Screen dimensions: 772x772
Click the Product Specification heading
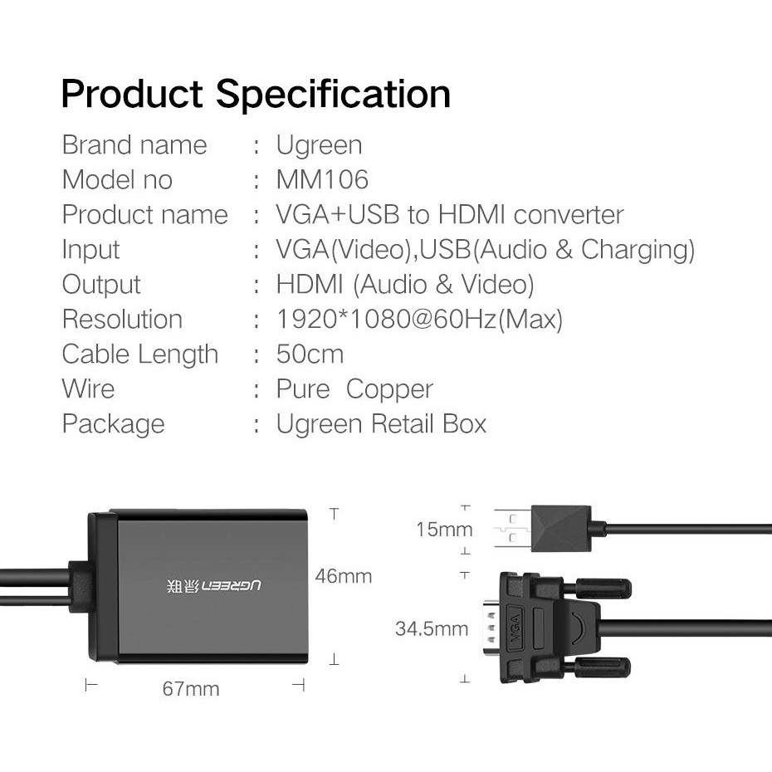256,93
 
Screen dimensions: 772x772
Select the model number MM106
322,180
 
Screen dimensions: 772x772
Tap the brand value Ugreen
319,145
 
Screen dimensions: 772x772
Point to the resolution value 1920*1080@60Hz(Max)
419,320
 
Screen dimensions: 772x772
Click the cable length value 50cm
310,354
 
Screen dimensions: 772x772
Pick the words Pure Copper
354,389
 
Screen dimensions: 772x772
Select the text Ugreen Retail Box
381,424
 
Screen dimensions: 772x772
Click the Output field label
101,285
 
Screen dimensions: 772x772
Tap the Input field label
90,250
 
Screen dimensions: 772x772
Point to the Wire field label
88,389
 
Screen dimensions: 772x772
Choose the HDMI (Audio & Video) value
405,285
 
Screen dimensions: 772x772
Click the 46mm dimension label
344,576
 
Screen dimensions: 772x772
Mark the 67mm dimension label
191,689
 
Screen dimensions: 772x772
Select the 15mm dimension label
444,530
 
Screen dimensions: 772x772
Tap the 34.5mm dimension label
432,629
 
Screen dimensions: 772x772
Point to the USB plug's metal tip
511,529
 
